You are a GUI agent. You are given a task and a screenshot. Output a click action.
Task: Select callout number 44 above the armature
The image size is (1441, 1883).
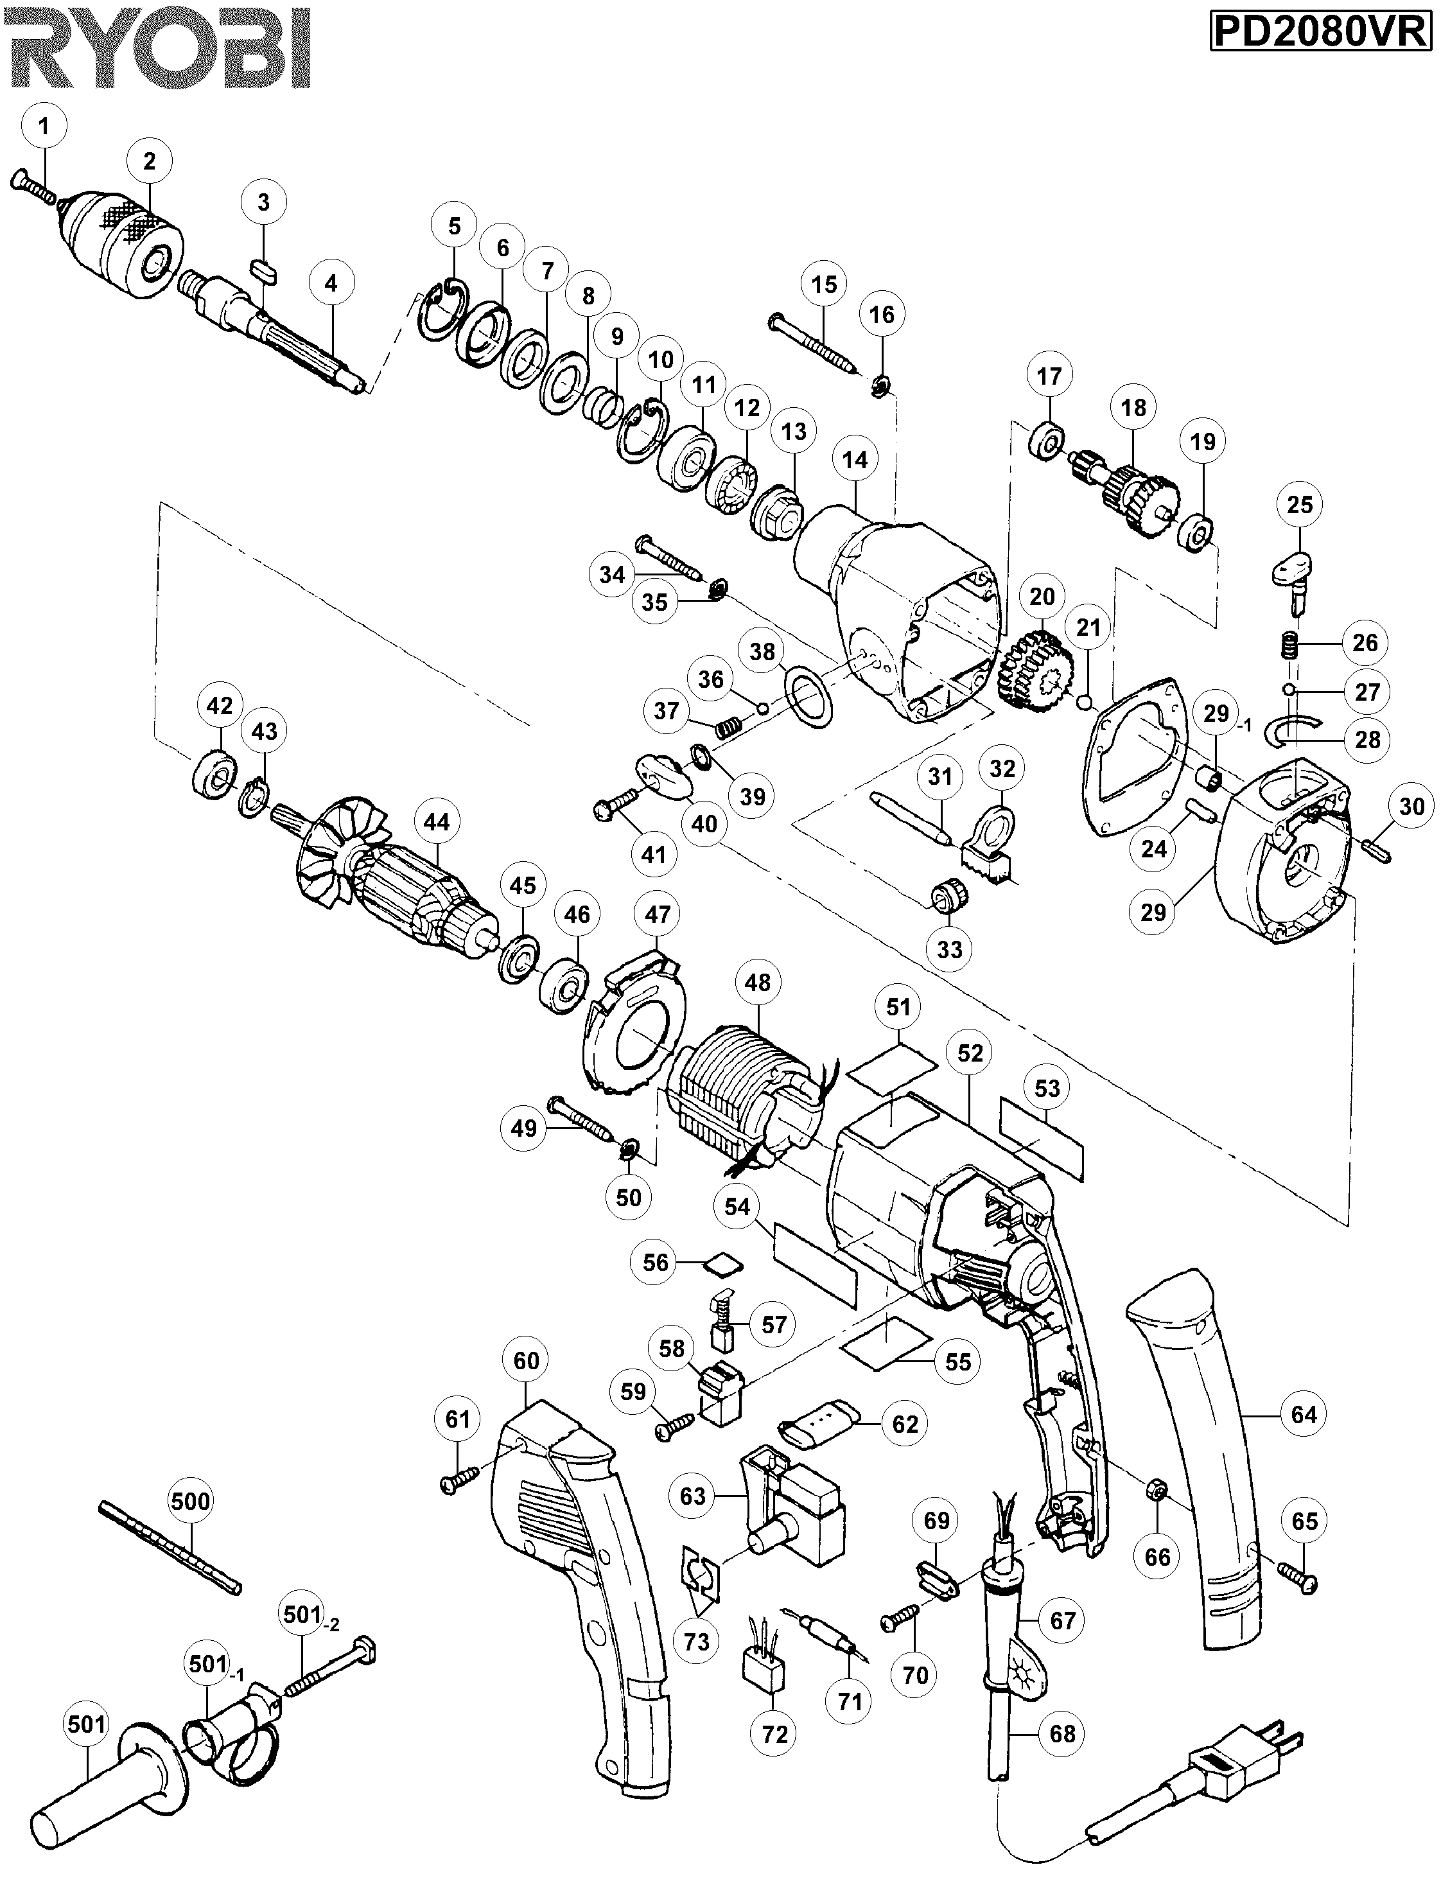pos(437,822)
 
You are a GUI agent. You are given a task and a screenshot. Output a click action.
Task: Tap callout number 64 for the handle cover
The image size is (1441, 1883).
pos(1303,1415)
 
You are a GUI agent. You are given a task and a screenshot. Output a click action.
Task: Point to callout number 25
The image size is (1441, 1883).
pos(1300,504)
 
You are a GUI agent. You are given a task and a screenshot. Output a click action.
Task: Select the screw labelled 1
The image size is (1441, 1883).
pos(34,191)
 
